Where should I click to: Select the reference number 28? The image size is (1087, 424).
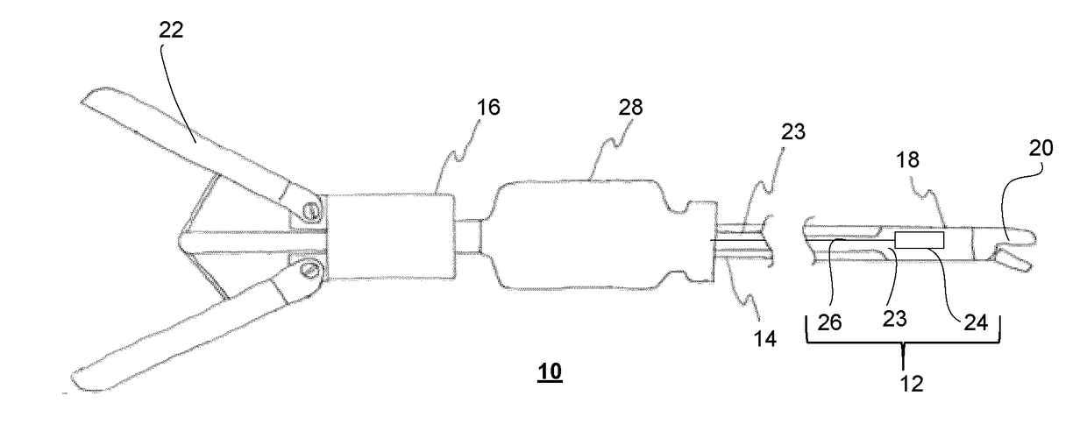tap(629, 108)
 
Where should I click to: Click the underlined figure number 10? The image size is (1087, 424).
tap(551, 371)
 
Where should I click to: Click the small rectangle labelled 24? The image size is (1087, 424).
tap(919, 240)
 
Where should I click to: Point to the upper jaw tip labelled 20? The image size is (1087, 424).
tap(1017, 237)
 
